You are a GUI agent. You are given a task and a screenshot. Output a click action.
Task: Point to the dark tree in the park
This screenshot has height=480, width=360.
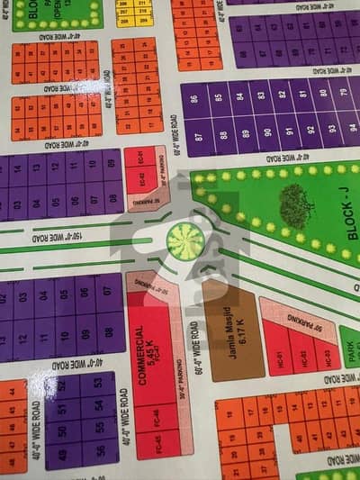click(296, 205)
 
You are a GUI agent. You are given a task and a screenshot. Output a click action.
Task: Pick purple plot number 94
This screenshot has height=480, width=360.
click(352, 127)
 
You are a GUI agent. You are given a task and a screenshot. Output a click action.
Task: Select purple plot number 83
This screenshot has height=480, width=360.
click(259, 95)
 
